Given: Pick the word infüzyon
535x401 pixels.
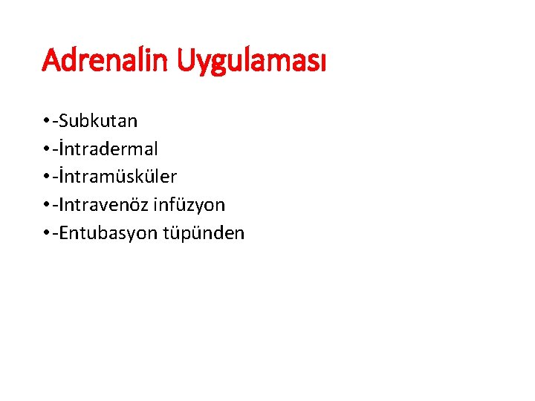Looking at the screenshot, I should (195, 204).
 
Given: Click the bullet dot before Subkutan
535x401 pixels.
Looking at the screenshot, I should (46, 121).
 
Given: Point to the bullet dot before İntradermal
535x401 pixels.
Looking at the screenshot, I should (46, 149).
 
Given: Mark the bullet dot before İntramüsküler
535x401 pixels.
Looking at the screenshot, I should (46, 177).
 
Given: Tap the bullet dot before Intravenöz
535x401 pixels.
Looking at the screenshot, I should (46, 205).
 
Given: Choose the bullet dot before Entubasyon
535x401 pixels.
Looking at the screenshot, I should (46, 233).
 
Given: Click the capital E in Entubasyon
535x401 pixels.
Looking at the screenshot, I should (64, 232).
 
